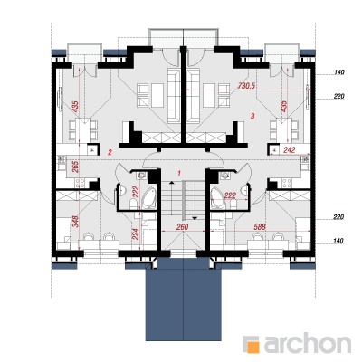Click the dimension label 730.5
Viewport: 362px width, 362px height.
pyautogui.click(x=246, y=86)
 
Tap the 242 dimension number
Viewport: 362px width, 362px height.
pyautogui.click(x=289, y=149)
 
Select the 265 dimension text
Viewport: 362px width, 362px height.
pyautogui.click(x=75, y=167)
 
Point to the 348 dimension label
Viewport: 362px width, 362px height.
pyautogui.click(x=75, y=221)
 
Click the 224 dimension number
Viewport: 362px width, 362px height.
pyautogui.click(x=136, y=233)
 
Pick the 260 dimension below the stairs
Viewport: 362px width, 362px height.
pyautogui.click(x=182, y=227)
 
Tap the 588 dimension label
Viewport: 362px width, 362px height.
pyautogui.click(x=260, y=227)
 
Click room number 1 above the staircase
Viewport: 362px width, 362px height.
pyautogui.click(x=179, y=174)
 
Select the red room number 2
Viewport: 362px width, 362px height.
pyautogui.click(x=110, y=152)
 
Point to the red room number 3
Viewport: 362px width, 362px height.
pyautogui.click(x=252, y=116)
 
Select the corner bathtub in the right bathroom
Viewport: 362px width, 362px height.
pyautogui.click(x=217, y=197)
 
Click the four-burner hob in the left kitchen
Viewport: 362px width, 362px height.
pyautogui.click(x=81, y=182)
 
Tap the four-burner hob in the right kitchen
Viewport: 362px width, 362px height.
pyautogui.click(x=286, y=182)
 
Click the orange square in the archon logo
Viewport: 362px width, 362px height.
pyautogui.click(x=252, y=347)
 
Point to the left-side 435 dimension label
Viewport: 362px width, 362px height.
pyautogui.click(x=75, y=107)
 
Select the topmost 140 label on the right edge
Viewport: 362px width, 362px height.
pyautogui.click(x=338, y=72)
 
